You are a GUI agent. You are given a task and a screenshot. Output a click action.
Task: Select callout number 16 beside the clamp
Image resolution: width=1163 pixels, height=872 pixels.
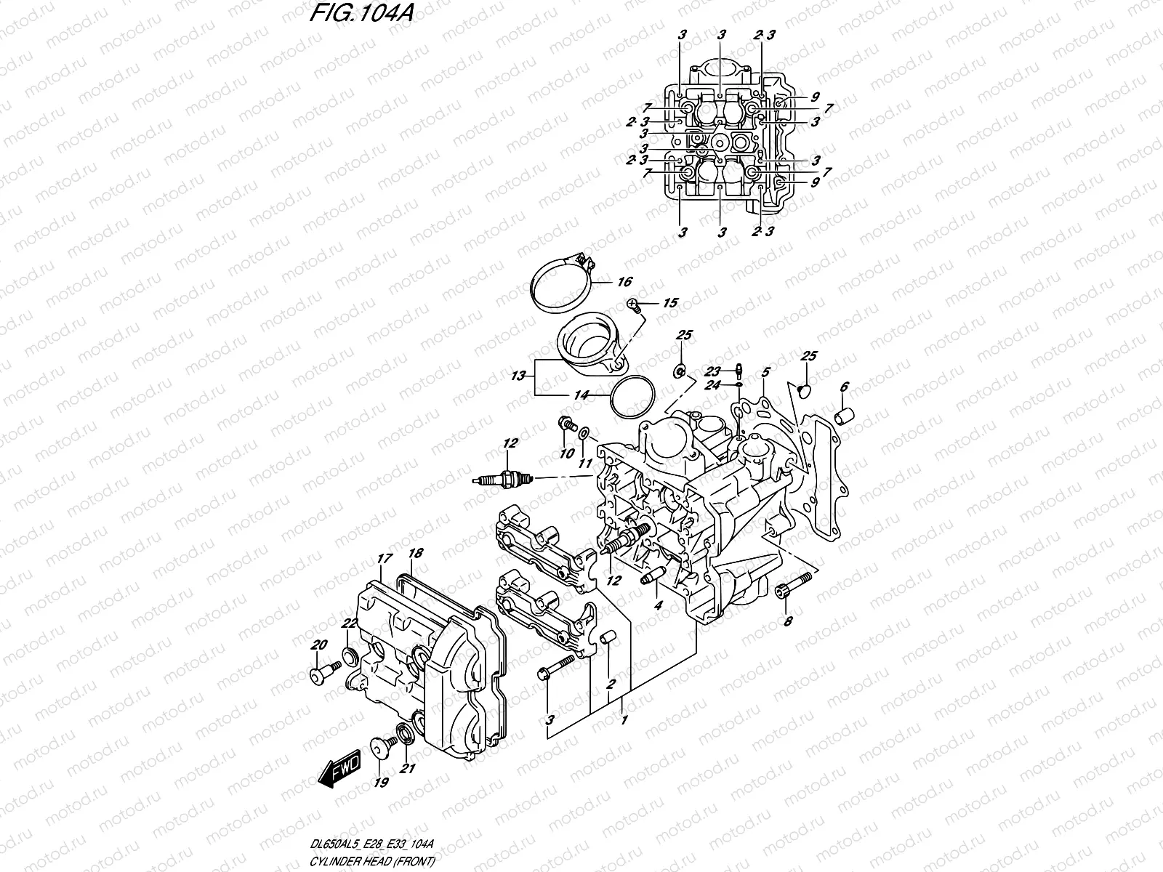[624, 282]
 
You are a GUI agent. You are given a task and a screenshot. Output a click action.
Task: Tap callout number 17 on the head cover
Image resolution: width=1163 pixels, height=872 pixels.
[384, 560]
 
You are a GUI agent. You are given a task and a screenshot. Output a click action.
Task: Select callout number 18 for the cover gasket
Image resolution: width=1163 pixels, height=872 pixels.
[415, 554]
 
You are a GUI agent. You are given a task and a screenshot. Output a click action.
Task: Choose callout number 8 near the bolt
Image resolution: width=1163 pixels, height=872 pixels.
[789, 621]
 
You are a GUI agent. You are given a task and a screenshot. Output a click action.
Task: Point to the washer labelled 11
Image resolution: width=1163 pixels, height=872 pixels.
[583, 435]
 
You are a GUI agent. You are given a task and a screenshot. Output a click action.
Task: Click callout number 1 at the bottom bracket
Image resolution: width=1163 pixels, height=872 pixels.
[622, 720]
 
